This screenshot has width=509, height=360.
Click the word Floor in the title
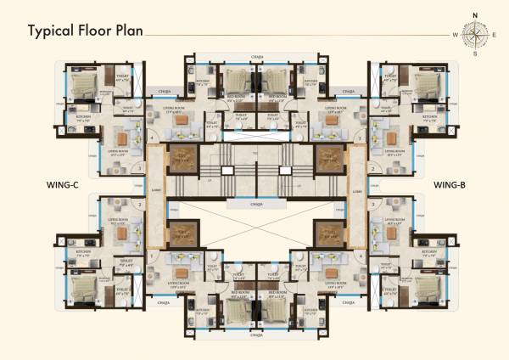pos(98,31)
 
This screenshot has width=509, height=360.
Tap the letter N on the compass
pos(475,14)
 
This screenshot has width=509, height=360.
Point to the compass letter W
pos(456,35)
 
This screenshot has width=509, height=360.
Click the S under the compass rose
pos(475,54)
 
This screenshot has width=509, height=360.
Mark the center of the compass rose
pos(475,35)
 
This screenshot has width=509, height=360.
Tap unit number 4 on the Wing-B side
pos(360,254)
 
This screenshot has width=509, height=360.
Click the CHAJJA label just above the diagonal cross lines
pos(255,204)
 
